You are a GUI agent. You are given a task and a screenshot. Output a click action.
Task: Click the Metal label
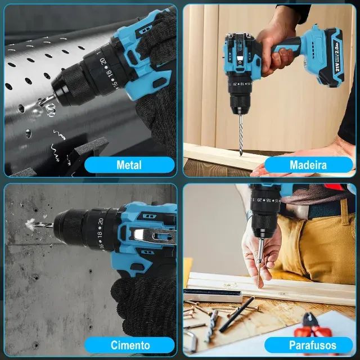(x=129, y=165)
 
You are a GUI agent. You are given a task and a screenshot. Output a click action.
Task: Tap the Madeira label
(x=308, y=165)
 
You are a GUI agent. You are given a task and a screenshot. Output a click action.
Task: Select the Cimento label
(x=130, y=345)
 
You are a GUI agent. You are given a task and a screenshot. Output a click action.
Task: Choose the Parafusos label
(x=312, y=345)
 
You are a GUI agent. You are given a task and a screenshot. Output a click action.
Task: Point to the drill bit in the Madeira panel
(x=241, y=136)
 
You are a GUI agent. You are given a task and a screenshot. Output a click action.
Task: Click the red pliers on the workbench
(x=313, y=327)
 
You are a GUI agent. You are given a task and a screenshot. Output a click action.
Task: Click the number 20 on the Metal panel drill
(x=102, y=61)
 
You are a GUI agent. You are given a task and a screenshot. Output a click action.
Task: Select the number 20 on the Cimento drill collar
(x=100, y=222)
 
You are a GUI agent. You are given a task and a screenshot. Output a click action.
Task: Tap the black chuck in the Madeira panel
(x=240, y=104)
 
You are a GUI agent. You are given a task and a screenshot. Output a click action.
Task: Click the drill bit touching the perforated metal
(x=47, y=100)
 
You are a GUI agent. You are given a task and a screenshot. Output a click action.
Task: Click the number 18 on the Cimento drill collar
(x=100, y=235)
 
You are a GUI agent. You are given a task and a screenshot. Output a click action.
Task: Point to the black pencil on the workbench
(x=236, y=314)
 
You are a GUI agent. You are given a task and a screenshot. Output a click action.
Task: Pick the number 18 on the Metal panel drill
(x=110, y=74)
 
